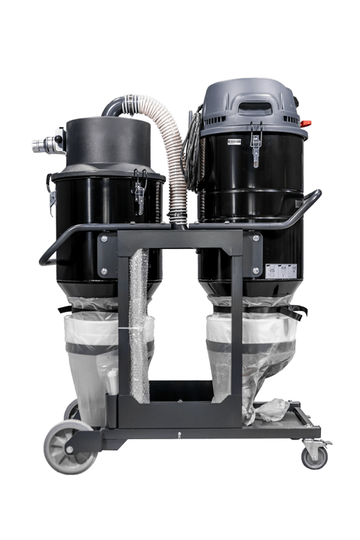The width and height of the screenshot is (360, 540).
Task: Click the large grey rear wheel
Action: (x=70, y=446)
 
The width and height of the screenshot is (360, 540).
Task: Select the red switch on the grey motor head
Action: (x=305, y=124)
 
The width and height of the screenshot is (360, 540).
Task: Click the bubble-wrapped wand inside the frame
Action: (x=139, y=324)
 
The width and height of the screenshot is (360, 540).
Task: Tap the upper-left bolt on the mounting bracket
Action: (x=104, y=239)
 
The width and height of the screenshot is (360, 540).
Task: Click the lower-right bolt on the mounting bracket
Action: (x=256, y=271)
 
